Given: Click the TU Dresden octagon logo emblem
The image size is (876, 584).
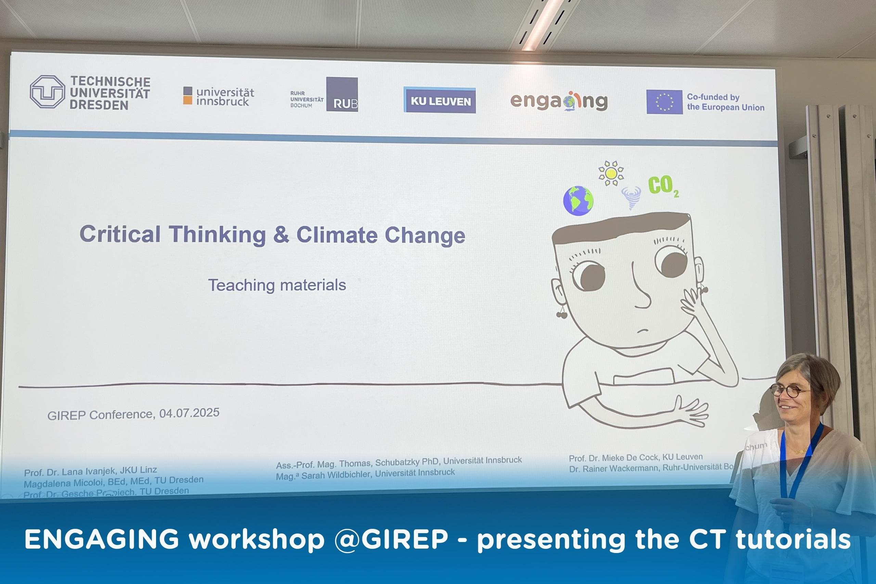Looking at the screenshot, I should pos(47,92).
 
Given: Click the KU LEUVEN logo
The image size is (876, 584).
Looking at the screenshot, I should pos(439,100).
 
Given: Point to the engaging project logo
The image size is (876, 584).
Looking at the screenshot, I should pos(559,101).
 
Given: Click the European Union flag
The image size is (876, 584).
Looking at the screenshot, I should pos(664,102).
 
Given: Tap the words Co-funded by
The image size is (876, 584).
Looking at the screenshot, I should pos(713,97).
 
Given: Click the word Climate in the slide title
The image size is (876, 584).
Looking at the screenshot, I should pos(337,235).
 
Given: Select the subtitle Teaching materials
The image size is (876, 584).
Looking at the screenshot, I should pos(277,285).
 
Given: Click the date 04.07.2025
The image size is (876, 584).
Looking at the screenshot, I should pos(189,413).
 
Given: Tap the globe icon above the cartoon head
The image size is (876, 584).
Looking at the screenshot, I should pos(578,201).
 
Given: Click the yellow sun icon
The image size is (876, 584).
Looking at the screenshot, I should pos(611,173).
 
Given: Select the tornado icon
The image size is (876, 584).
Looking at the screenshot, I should pos(631,197).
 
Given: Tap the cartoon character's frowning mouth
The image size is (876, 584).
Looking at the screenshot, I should pos(644,330).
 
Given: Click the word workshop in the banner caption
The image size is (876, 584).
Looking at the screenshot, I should pos(256,539).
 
